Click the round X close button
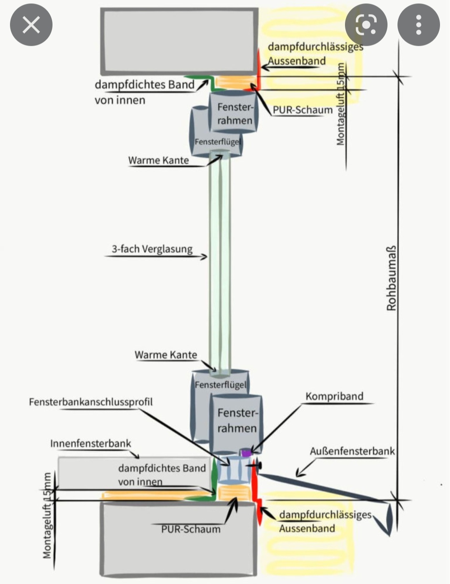(31, 25)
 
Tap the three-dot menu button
(418, 25)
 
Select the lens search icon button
(366, 25)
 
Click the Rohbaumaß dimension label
(391, 278)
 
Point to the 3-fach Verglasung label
(152, 249)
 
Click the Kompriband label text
(334, 396)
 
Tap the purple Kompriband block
(246, 452)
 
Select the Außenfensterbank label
(352, 451)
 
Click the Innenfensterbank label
(90, 443)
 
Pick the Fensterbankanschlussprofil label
(91, 402)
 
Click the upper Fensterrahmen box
(235, 113)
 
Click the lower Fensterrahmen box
(237, 420)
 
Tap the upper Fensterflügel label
(217, 142)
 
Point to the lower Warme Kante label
(166, 355)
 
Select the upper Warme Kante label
(158, 160)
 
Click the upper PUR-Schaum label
(302, 110)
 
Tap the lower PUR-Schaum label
(191, 529)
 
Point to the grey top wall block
(179, 41)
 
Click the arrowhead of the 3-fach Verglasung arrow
(205, 256)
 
